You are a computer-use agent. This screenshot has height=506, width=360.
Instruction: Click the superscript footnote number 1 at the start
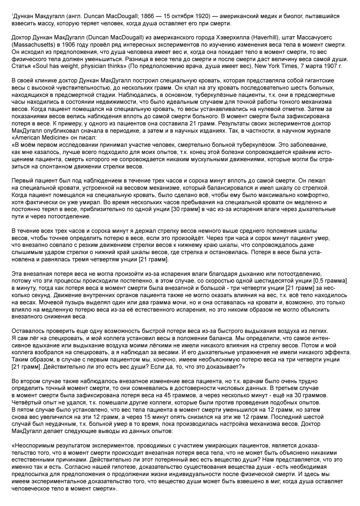(x=12, y=15)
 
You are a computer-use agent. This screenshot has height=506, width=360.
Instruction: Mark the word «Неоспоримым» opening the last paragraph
(x=34, y=445)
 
